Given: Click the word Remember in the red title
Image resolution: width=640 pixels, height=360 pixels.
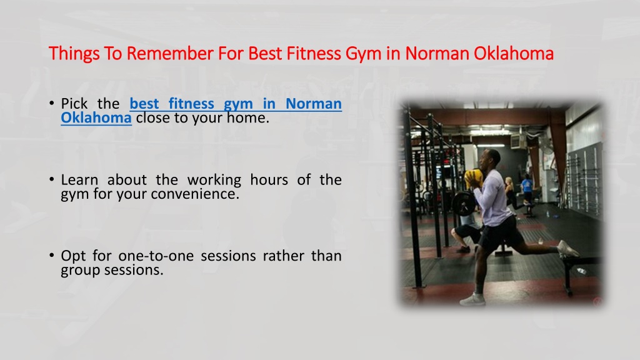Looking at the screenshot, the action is tap(170, 54).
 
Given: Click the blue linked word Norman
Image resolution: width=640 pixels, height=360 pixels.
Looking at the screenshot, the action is tap(314, 104).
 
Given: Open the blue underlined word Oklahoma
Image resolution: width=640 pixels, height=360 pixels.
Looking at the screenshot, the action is tap(96, 117).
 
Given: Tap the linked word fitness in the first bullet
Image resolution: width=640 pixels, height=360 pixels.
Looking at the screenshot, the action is tap(191, 104).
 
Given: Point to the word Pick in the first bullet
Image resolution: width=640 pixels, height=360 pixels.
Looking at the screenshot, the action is tap(74, 104).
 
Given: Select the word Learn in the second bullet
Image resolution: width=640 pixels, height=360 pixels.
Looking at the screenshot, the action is tap(79, 179).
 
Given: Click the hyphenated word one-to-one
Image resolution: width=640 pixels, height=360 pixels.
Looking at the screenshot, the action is tap(156, 256).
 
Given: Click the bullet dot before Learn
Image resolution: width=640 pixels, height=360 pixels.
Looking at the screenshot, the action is tap(51, 179).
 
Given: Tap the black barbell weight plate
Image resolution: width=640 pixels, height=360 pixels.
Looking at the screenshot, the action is tap(462, 203).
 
